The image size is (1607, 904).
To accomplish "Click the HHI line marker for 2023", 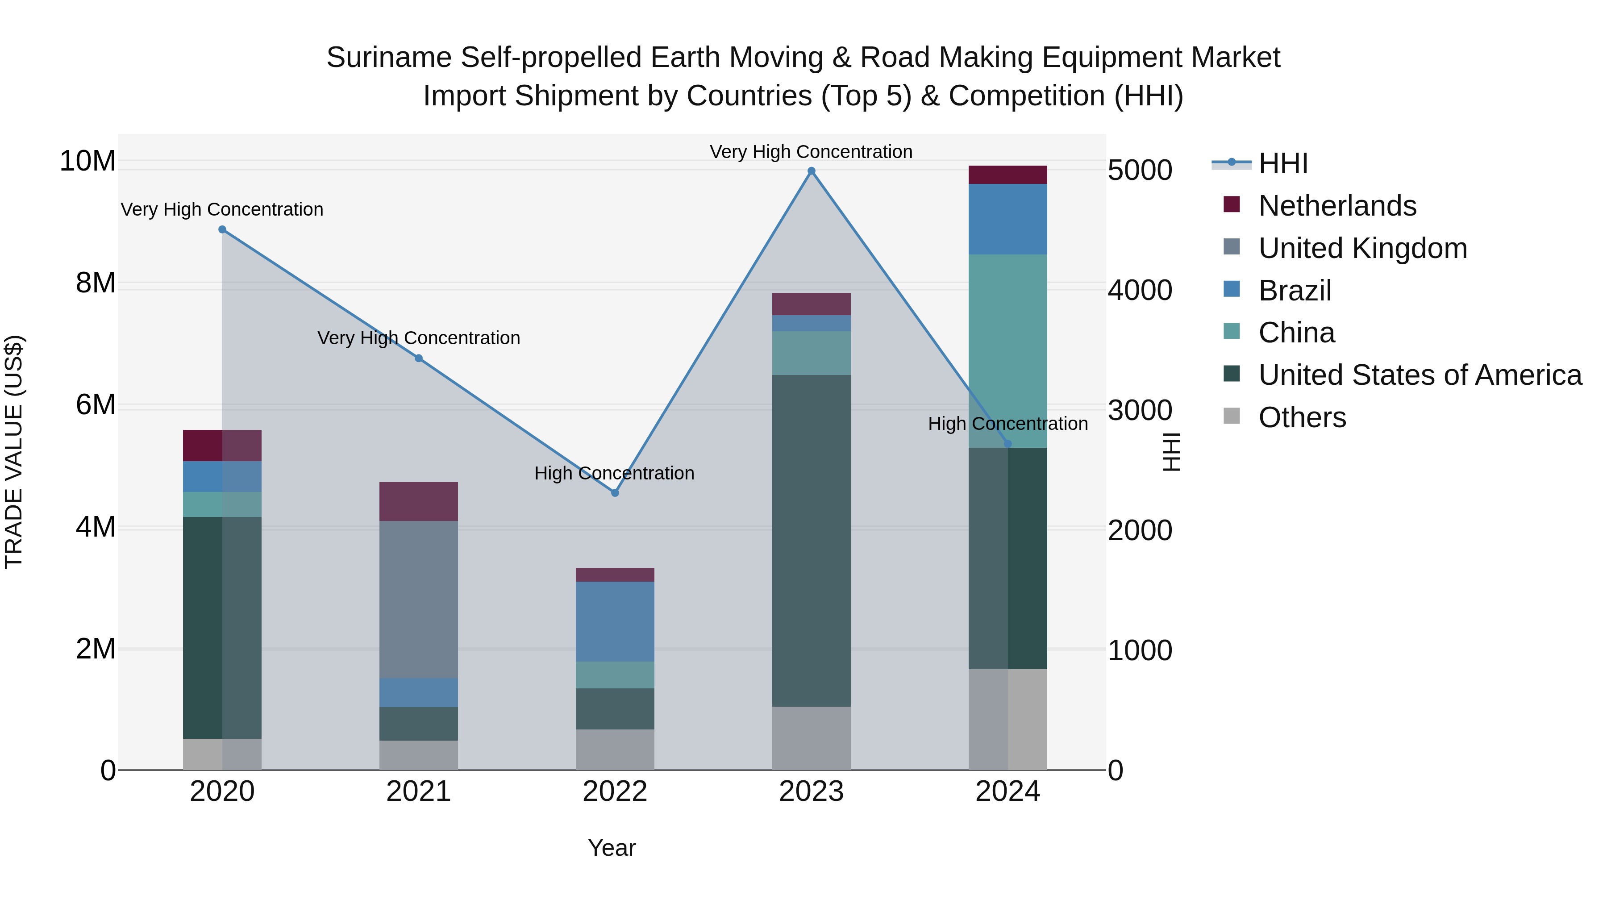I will point(811,171).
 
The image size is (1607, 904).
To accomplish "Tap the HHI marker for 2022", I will point(615,493).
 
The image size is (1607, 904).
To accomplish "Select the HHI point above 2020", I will point(222,229).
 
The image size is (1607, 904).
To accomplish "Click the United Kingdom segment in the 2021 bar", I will point(419,599).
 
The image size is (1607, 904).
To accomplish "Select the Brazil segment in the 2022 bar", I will point(615,621).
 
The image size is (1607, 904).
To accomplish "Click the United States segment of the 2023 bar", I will point(811,540).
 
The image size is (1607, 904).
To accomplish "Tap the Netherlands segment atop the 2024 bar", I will point(1007,175).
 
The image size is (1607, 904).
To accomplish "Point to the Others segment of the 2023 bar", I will point(811,738).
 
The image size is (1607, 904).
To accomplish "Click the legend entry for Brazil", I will point(1295,291).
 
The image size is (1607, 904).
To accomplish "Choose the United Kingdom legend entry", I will point(1362,248).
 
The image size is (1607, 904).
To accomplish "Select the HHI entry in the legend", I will point(1282,163).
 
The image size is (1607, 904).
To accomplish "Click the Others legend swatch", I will point(1232,416).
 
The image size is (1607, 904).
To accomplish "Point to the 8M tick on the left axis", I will point(96,283).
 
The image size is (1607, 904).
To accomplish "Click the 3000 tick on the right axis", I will point(1140,411).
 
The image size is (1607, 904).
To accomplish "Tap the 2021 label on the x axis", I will point(419,792).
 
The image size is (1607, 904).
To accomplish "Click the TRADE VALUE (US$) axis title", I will point(14,452).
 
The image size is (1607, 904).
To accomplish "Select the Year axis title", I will point(612,848).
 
